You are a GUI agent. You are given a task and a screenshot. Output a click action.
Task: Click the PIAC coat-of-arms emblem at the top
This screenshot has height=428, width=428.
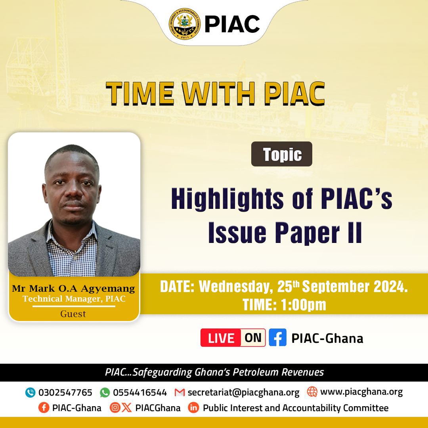coord(185,24)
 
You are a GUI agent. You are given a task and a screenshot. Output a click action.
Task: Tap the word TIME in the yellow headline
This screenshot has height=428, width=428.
coord(140,94)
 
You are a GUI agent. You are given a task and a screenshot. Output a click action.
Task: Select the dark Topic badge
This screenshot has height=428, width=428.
coord(282,154)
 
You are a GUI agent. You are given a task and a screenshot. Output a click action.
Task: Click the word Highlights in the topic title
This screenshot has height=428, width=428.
coord(227,199)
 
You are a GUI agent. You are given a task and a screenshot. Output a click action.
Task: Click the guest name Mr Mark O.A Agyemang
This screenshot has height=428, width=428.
coord(73,289)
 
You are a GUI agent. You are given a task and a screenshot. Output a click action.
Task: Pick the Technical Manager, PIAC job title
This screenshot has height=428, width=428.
coord(74,299)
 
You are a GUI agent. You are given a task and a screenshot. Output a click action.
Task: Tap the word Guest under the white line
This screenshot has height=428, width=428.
coord(73,314)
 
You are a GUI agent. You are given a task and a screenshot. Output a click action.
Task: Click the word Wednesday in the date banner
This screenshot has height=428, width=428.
coord(236,287)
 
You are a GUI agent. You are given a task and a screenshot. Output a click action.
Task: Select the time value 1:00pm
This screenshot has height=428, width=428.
coord(304,305)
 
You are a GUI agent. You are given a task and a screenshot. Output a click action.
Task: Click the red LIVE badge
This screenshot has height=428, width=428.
coord(221,338)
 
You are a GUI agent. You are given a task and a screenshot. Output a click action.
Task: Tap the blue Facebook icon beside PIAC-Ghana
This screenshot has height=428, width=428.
coord(277,337)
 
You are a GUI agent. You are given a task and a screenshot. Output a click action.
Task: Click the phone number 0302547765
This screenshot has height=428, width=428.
coord(65,392)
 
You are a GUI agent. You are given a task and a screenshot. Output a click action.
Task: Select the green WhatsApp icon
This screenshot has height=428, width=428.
coord(105,392)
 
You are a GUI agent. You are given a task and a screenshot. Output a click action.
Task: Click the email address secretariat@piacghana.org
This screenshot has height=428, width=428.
coord(243,392)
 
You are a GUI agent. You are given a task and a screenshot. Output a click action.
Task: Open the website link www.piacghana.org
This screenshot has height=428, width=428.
coord(361,392)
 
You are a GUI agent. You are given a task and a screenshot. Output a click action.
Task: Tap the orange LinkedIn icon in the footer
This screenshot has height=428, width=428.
coord(193,408)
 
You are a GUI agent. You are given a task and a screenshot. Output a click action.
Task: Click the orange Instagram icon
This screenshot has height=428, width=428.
coord(115,408)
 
